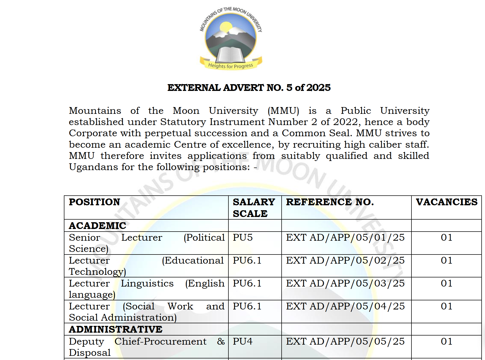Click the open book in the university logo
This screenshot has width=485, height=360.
coord(231,54)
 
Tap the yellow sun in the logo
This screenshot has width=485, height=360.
coord(226,28)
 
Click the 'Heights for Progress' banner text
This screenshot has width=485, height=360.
coord(231,66)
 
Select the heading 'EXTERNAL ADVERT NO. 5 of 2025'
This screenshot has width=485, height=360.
coord(249,88)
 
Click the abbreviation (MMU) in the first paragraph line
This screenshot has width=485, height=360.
coord(283,111)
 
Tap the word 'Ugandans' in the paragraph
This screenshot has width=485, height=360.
coord(93,167)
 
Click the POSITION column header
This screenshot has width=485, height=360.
coord(94,202)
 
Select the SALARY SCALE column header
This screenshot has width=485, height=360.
coord(254,208)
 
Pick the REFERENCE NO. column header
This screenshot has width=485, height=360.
coord(330,202)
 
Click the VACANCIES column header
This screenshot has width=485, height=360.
coord(446,202)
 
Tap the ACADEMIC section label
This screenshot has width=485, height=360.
coord(97,226)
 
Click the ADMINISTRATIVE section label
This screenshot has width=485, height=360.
coord(116,329)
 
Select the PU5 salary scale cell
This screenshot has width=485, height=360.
coord(242,238)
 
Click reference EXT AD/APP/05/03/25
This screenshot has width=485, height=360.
coord(345,283)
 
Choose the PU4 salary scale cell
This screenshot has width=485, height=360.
coord(242,341)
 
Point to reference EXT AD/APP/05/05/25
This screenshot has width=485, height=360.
coord(345,341)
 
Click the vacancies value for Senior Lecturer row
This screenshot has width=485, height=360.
coord(446,238)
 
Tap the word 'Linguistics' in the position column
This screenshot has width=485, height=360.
coord(147,283)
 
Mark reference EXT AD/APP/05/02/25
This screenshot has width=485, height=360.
coord(345,260)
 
